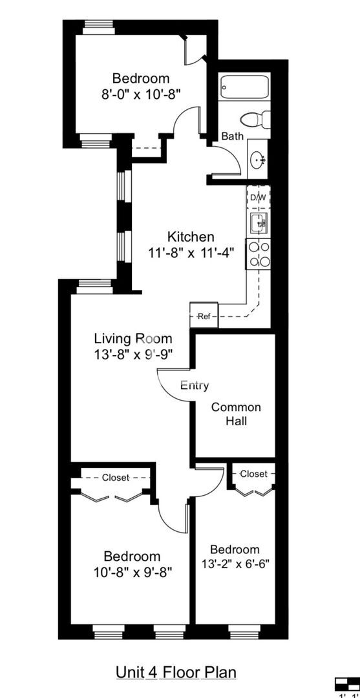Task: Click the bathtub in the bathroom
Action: [x=244, y=85]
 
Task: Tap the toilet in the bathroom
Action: [x=253, y=120]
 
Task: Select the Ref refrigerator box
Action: [x=204, y=316]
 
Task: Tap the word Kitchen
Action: [x=191, y=237]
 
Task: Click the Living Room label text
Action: [x=133, y=338]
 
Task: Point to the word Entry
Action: [x=195, y=385]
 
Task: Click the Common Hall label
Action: [x=236, y=414]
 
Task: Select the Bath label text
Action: [x=233, y=136]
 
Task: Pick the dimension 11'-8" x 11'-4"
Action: [x=190, y=253]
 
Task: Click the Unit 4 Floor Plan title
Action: [x=176, y=672]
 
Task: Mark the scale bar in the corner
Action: [x=346, y=684]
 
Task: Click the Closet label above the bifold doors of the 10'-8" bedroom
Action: [x=116, y=478]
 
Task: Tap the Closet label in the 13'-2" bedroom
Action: [x=253, y=474]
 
